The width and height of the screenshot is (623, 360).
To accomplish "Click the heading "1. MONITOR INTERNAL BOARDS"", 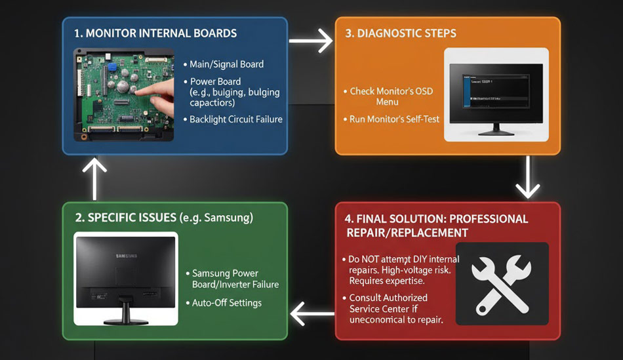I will pyautogui.click(x=155, y=33).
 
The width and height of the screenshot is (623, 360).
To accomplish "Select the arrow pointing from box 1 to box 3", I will pyautogui.click(x=311, y=41).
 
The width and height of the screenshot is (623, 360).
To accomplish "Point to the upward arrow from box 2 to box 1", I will pyautogui.click(x=96, y=178).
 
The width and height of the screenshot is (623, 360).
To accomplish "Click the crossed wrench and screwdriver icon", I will pyautogui.click(x=502, y=283).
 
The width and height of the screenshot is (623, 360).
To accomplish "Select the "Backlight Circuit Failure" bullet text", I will pyautogui.click(x=235, y=119).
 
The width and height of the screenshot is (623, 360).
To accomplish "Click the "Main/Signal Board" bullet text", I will pyautogui.click(x=226, y=64).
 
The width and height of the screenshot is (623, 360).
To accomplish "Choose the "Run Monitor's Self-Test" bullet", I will pyautogui.click(x=394, y=119).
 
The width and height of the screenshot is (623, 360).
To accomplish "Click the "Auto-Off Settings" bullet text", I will pyautogui.click(x=226, y=303).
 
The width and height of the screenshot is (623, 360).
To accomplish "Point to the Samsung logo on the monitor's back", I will pyautogui.click(x=127, y=256).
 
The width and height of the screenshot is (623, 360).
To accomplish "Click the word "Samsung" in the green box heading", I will pyautogui.click(x=230, y=217).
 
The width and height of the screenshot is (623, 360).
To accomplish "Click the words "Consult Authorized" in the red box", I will pyautogui.click(x=388, y=298).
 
